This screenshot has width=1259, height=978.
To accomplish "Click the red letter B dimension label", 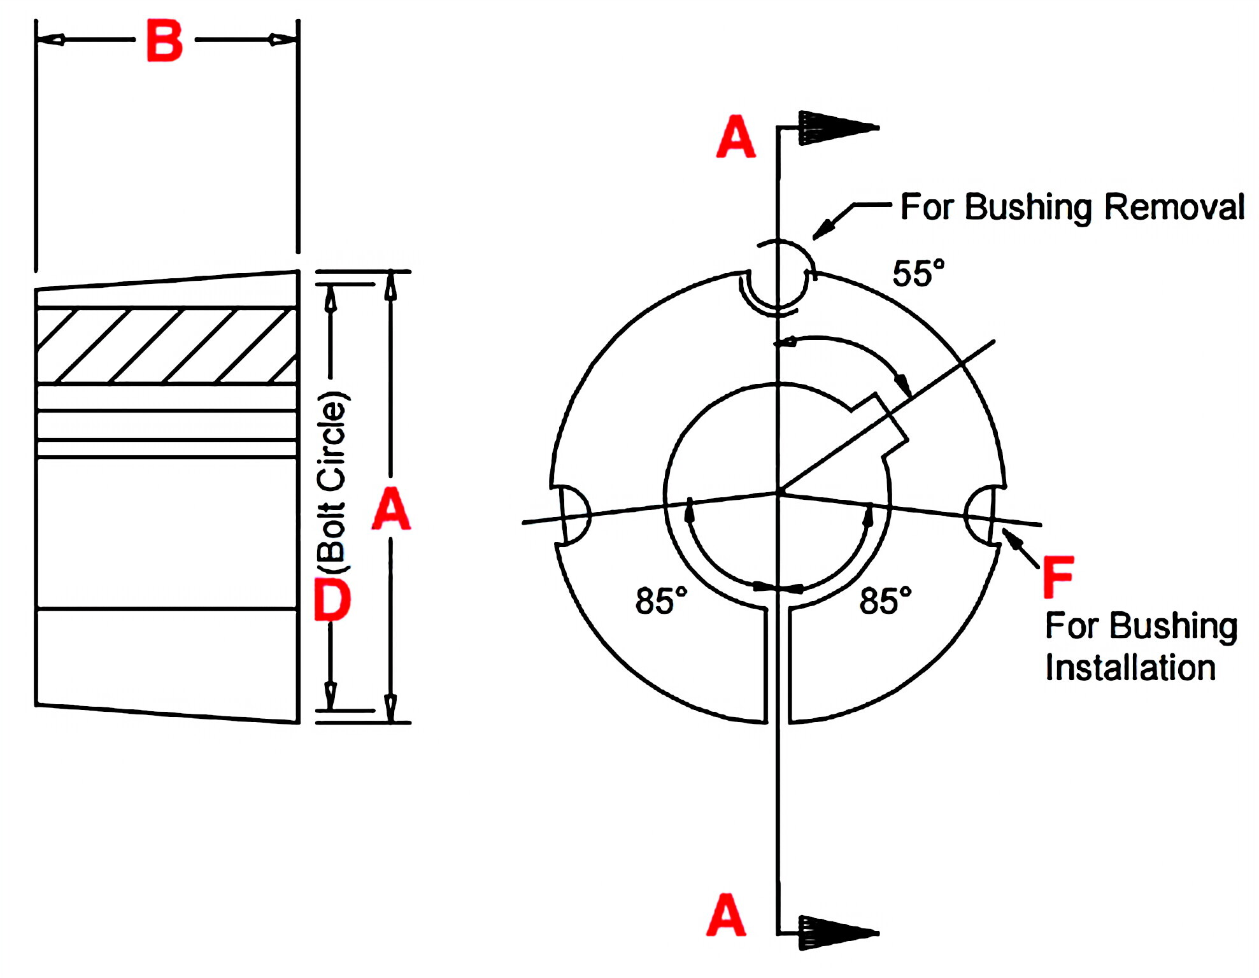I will point(164,41).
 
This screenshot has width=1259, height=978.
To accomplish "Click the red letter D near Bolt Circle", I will point(332,599).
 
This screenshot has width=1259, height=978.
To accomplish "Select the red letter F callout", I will point(1058,577).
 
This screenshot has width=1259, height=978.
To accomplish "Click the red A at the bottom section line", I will point(725,915).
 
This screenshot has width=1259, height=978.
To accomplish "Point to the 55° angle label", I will point(918,274).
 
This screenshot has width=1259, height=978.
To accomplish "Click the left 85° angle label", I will point(661,601).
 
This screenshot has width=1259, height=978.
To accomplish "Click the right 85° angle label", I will point(885,601).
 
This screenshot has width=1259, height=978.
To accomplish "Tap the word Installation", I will point(1130,668).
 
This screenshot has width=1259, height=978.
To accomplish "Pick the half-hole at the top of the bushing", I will point(778,283).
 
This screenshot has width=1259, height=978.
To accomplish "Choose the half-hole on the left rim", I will point(573,514).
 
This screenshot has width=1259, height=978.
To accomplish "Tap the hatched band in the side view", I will point(167,346).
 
